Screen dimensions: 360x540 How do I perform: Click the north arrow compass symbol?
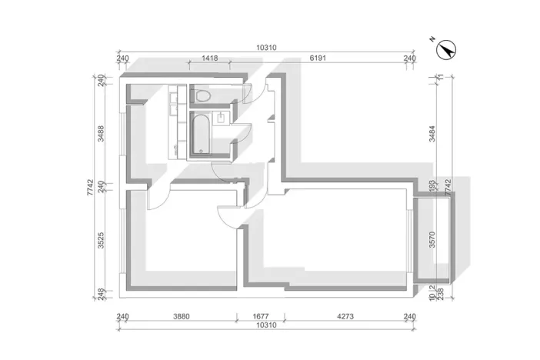point(445,50)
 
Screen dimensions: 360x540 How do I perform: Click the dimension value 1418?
point(209,58)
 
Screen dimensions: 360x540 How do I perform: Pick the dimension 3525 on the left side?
point(101,242)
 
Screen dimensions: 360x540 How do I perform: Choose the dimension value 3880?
point(181,316)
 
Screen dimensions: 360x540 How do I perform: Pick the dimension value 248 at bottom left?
point(101,292)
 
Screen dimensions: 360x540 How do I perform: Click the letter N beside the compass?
point(433,39)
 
